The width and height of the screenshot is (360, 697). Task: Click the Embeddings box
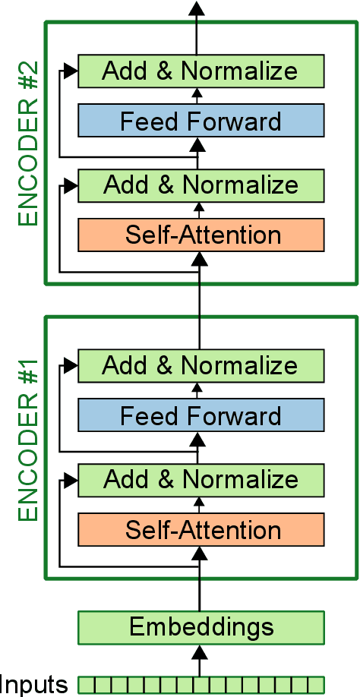point(201,627)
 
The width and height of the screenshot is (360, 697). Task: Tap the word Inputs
point(35,684)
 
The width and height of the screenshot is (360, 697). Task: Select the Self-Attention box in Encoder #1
point(201,529)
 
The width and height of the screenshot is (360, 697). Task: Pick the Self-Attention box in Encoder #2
point(201,235)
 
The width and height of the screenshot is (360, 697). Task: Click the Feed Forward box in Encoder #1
point(201,416)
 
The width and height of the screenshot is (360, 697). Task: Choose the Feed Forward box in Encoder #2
point(201,121)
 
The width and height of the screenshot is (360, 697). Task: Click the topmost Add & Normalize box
point(201,71)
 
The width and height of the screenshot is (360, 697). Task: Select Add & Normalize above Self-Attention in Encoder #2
point(201,184)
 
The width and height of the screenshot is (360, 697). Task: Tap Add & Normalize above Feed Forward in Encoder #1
point(201,366)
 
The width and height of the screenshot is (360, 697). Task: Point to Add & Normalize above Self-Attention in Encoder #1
point(201,479)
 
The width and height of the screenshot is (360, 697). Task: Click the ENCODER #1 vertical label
point(28,441)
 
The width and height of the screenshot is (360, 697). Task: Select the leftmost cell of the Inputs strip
point(84,685)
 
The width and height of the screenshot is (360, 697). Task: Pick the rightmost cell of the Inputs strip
point(317,685)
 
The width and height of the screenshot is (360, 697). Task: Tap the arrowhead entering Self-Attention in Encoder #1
point(199,553)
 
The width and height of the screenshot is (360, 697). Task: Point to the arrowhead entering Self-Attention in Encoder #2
point(199,259)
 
